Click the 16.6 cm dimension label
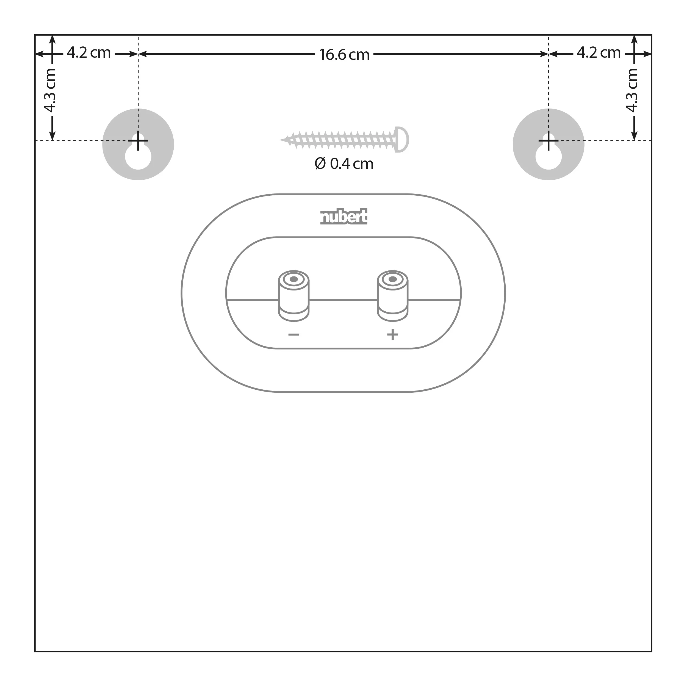[344, 55]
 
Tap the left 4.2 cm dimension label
[89, 53]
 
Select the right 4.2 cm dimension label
[599, 53]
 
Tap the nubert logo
[344, 216]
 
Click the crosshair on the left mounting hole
[138, 141]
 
